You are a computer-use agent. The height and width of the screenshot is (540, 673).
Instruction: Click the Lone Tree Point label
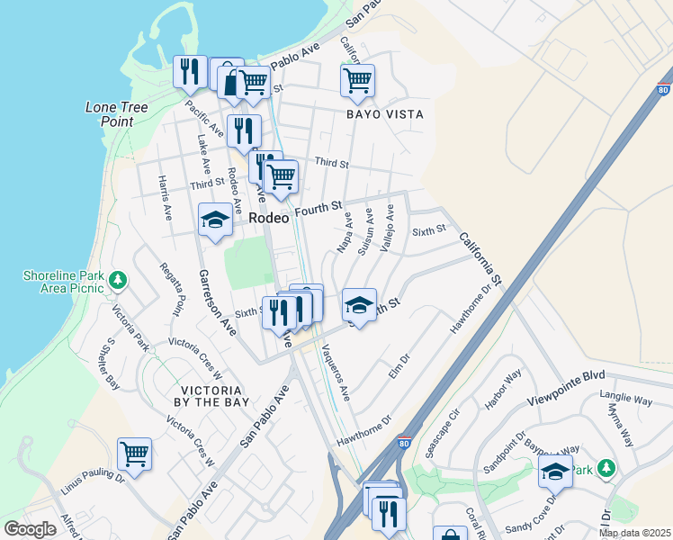click(116, 113)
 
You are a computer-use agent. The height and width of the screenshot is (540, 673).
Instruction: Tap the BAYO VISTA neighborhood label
click(384, 115)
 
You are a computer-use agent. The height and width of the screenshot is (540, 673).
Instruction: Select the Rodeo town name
click(268, 219)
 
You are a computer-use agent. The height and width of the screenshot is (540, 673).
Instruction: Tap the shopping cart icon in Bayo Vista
click(358, 80)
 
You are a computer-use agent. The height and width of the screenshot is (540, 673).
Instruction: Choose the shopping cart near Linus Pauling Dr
click(134, 453)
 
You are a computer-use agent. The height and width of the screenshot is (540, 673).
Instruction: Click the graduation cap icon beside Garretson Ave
click(215, 220)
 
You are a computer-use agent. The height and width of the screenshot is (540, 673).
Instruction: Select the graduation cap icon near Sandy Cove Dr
click(555, 471)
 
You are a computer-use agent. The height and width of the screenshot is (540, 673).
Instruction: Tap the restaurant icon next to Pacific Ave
click(190, 71)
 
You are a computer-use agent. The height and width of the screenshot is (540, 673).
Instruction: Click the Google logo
click(30, 529)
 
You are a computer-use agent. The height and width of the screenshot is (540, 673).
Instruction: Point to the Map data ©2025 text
click(634, 533)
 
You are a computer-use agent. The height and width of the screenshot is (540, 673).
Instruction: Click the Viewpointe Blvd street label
click(566, 386)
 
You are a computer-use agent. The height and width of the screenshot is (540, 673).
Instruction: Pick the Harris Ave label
click(165, 199)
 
